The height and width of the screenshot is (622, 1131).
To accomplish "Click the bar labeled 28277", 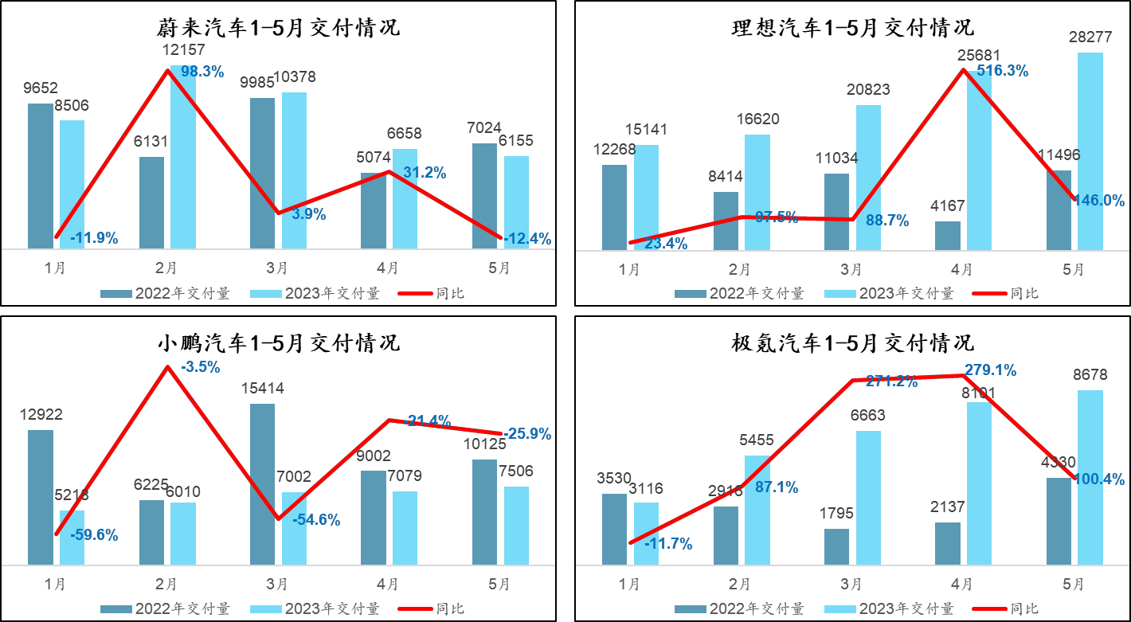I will tap(1090, 151).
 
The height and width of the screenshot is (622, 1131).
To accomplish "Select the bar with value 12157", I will tap(183, 159).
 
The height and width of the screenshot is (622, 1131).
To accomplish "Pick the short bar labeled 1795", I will tap(836, 546).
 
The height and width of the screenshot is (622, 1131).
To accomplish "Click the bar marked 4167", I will tap(948, 236).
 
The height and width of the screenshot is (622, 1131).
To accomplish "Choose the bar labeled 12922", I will tap(41, 497).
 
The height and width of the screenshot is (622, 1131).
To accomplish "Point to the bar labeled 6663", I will tap(868, 497).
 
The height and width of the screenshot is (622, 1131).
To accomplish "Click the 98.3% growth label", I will tap(202, 72).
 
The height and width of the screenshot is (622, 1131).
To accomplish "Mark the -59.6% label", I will tap(94, 535).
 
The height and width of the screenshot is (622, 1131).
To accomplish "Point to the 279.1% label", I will tap(990, 370).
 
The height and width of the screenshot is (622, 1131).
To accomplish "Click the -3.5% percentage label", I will tap(201, 367).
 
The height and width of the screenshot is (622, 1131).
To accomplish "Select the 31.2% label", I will tap(425, 173).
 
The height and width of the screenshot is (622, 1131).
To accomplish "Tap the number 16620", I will tap(757, 119).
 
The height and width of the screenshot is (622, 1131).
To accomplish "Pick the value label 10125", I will tap(483, 444).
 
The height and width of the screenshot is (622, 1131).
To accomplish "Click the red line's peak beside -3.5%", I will tap(167, 366).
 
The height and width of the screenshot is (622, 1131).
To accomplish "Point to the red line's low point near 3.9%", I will tap(278, 213).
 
